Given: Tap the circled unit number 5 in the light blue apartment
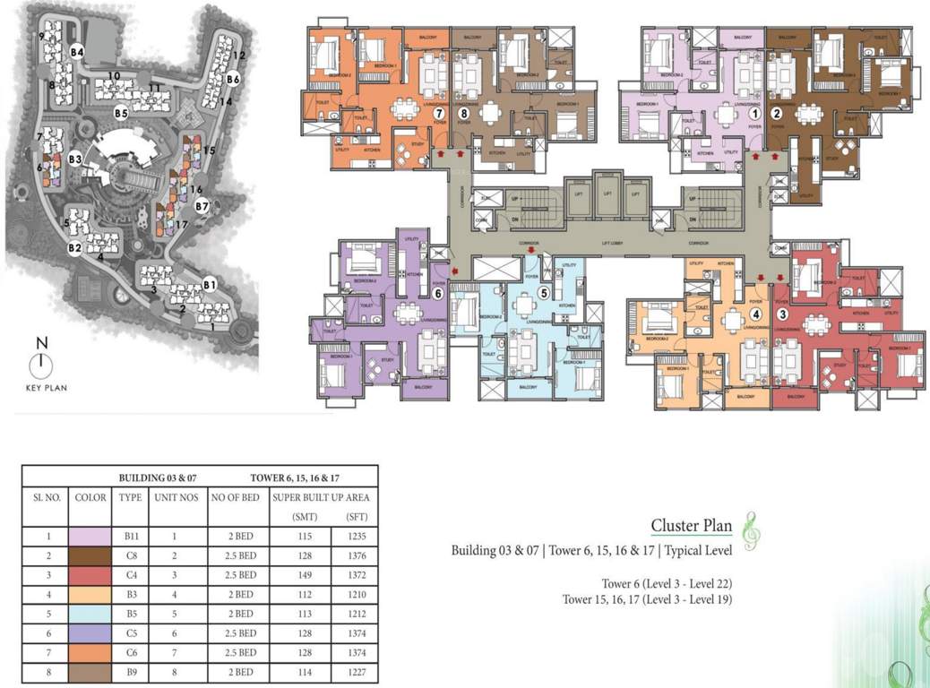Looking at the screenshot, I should pos(542,291).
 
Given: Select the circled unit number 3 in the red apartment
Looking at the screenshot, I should pos(782,314).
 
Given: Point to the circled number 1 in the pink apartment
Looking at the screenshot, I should pos(754,114).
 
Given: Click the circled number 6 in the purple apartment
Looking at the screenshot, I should pos(438,292).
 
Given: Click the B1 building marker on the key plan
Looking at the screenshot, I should pos(210,285).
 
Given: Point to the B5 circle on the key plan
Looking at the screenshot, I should pos(121,113).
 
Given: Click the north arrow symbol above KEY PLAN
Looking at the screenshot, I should pos(40,364).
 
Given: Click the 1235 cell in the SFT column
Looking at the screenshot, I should pos(355,535).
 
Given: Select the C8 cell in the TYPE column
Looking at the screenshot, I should pos(125,555).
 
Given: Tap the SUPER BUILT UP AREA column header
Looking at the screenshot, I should pos(323,497).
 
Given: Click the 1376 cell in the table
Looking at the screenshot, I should pos(355,555).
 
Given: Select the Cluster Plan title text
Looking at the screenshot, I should pos(692,526).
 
